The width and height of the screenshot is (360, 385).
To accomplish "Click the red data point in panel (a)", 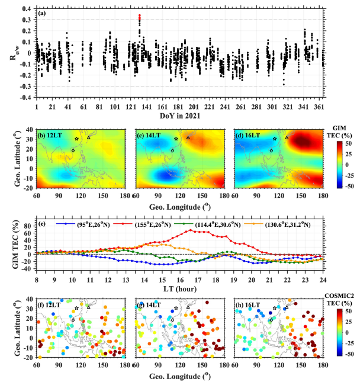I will click(139, 17).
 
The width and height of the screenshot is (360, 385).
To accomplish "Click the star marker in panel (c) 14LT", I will click(176, 139).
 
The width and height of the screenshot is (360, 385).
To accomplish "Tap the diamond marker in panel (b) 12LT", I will click(73, 150).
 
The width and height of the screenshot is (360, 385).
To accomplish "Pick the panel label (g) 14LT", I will click(150, 304).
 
